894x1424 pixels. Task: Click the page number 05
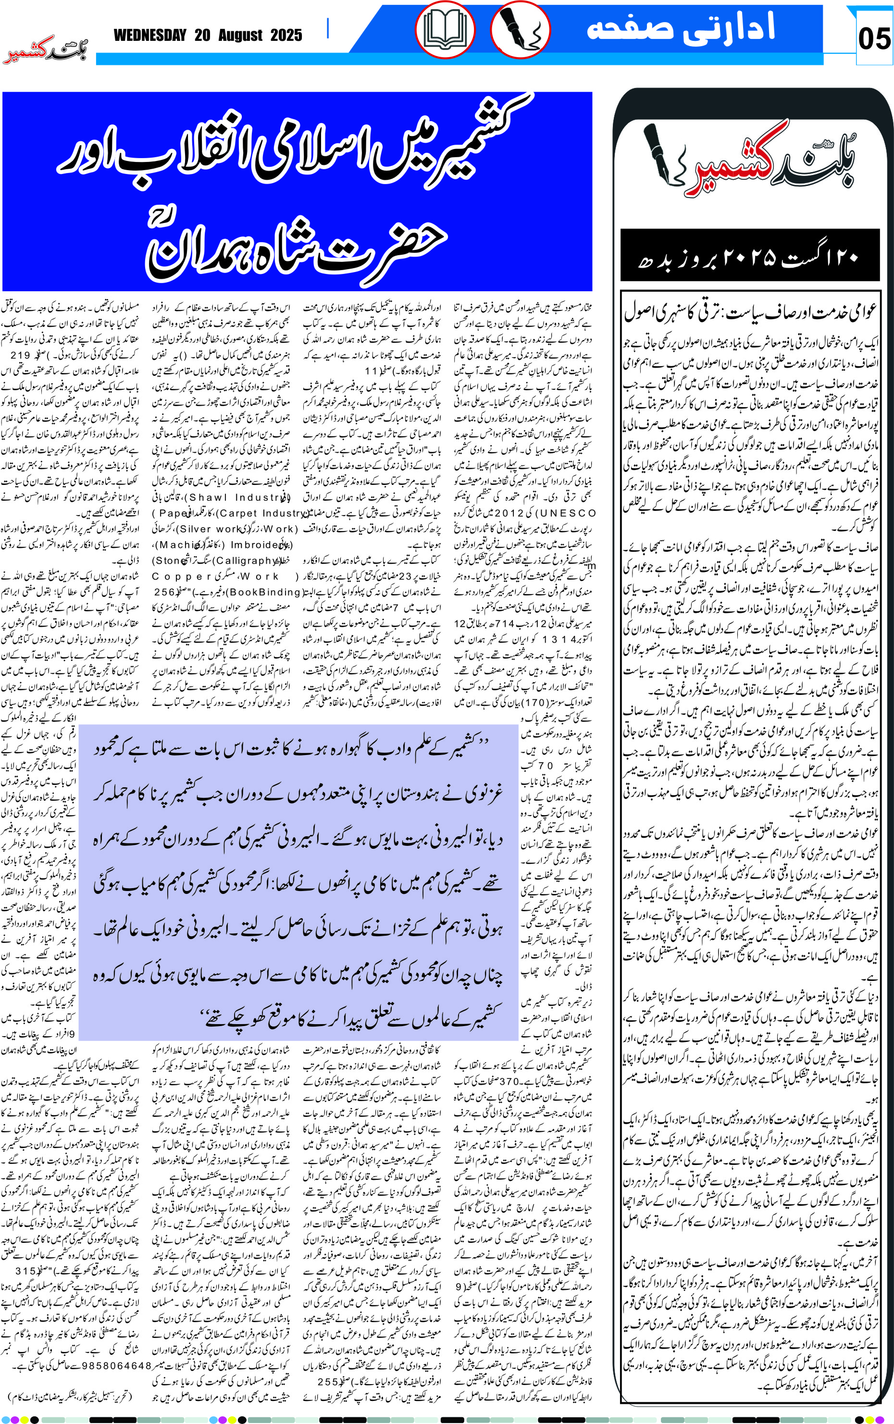pos(874,39)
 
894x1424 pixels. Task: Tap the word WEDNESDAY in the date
pos(149,36)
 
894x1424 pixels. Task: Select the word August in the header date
pos(240,36)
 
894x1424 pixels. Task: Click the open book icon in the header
pos(445,29)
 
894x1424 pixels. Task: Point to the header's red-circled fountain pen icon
pos(520,29)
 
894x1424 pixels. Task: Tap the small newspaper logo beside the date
pos(46,51)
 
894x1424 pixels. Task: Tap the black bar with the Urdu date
pos(748,255)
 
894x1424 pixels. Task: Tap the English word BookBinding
pos(265,592)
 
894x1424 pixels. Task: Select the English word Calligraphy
pos(245,560)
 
